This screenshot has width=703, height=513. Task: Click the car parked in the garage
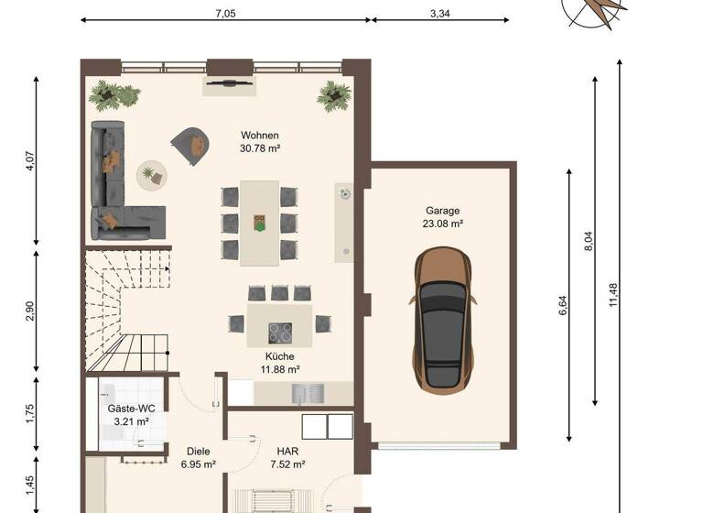[x=443, y=322]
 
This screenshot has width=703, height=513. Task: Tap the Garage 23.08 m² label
[x=441, y=216]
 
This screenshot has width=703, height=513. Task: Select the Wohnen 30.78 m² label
[x=259, y=141]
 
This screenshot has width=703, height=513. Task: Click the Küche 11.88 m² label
[x=279, y=363]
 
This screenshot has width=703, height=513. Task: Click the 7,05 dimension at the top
[x=225, y=14]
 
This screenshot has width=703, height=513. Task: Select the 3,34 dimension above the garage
[x=441, y=14]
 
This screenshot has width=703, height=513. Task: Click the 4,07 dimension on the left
[x=30, y=162]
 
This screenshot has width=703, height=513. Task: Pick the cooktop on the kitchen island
[x=279, y=331]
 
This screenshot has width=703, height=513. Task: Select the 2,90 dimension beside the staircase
[x=30, y=311]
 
